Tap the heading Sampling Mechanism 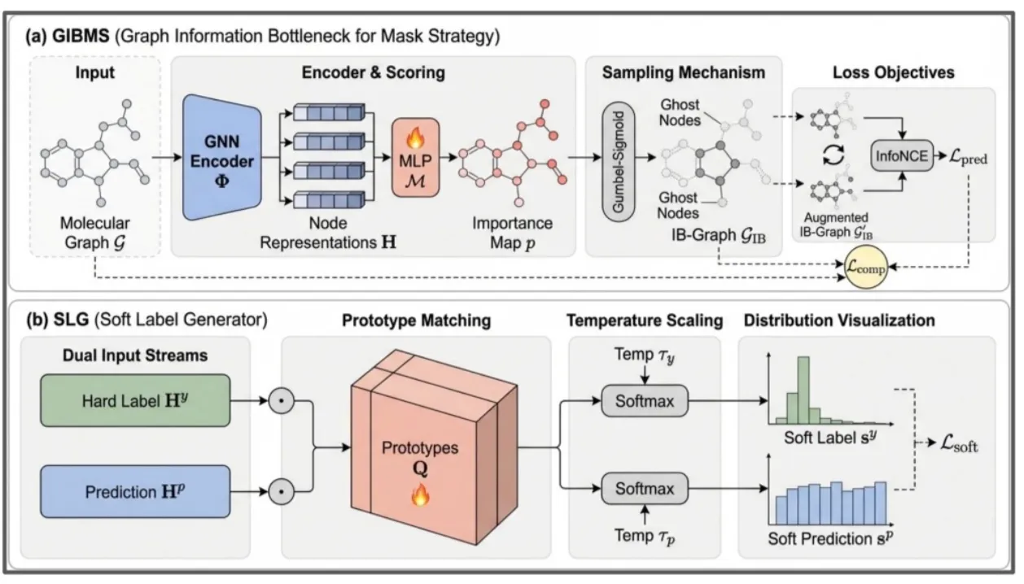(684, 72)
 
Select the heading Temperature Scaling (645, 320)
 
